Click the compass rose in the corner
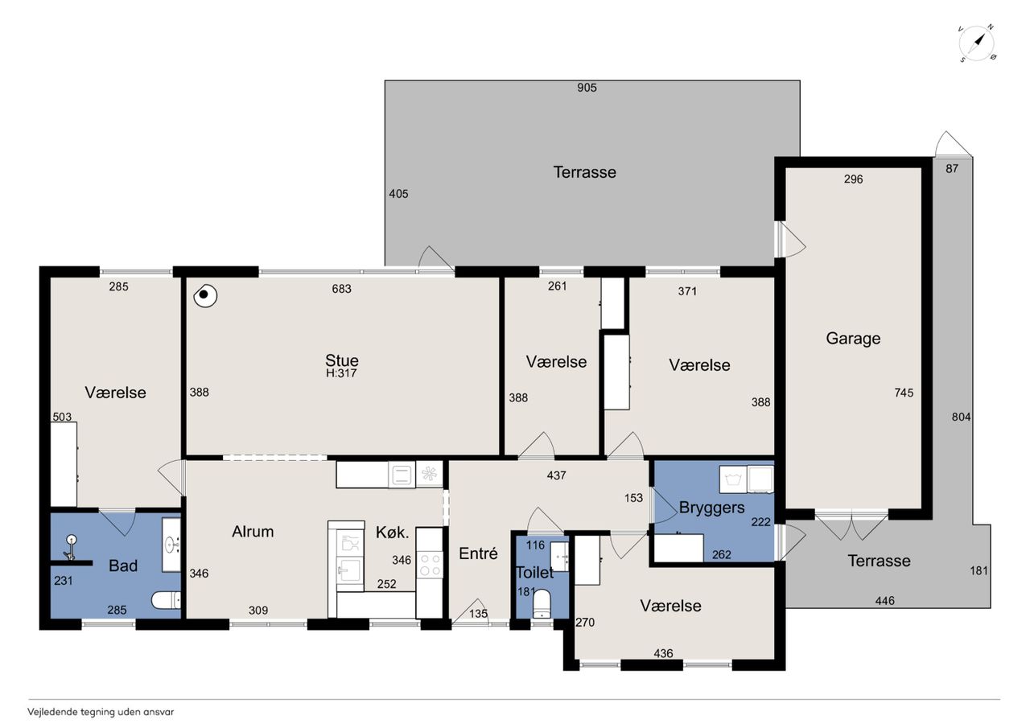click(x=978, y=43)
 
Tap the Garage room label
click(x=853, y=339)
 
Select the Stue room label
click(x=342, y=360)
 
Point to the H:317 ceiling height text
click(x=341, y=373)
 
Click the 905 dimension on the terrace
click(x=587, y=88)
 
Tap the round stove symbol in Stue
click(x=205, y=295)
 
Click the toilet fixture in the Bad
click(x=166, y=600)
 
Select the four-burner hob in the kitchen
click(x=429, y=565)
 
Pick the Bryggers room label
click(x=711, y=508)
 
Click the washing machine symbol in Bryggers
click(x=732, y=479)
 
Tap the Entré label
click(x=478, y=553)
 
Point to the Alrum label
click(x=253, y=531)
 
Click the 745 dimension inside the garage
click(x=904, y=393)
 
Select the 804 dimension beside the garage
click(x=961, y=417)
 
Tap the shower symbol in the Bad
click(x=71, y=547)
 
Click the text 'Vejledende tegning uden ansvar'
click(x=101, y=712)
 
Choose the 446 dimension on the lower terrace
click(x=884, y=601)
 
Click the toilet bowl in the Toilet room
click(x=542, y=603)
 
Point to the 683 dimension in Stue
click(x=342, y=289)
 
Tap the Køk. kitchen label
click(x=392, y=533)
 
